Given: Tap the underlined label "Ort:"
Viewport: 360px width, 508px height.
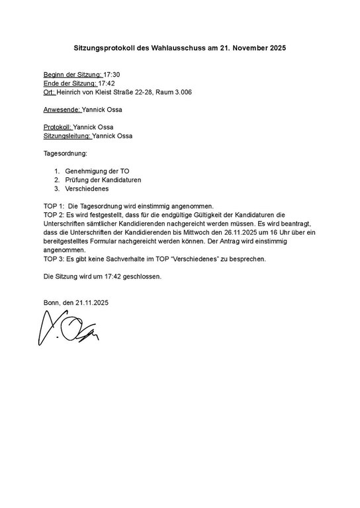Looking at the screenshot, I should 49,92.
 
